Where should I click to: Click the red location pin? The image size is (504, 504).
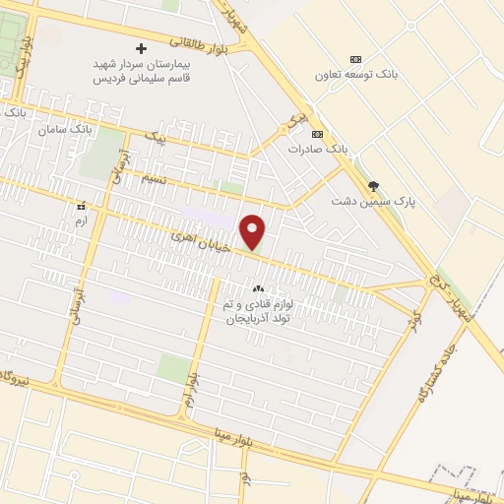[253, 232]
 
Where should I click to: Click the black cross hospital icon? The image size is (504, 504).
[142, 48]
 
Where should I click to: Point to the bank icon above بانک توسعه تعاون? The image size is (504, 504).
[355, 59]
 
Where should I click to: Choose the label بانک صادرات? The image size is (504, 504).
[318, 149]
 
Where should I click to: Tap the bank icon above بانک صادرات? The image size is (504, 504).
[317, 134]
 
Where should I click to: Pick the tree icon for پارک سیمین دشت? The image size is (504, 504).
[372, 185]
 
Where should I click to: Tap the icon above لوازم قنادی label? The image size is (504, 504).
[258, 289]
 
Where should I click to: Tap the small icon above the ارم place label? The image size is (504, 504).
[81, 207]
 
